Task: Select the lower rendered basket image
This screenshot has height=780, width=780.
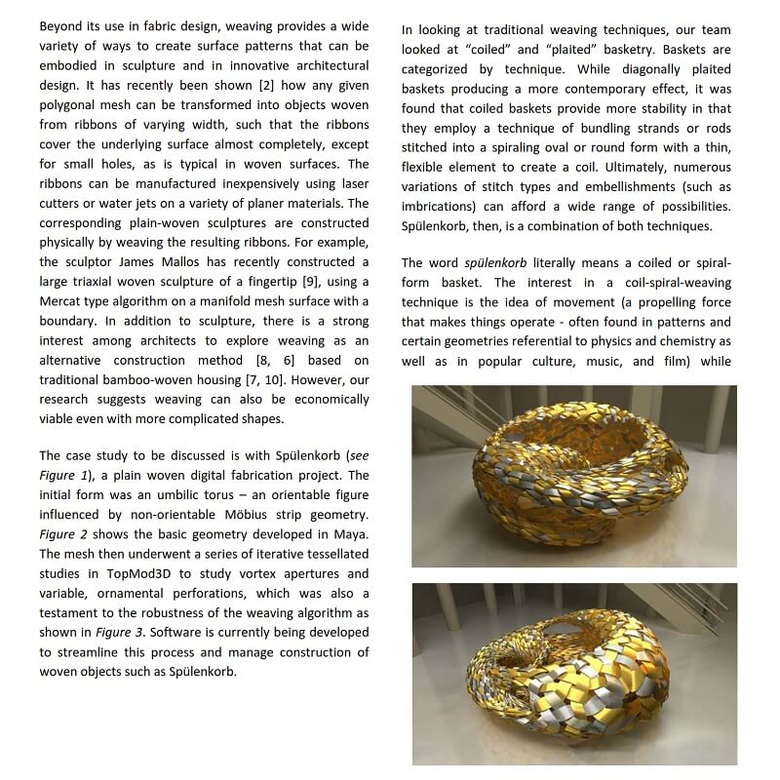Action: tap(574, 673)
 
